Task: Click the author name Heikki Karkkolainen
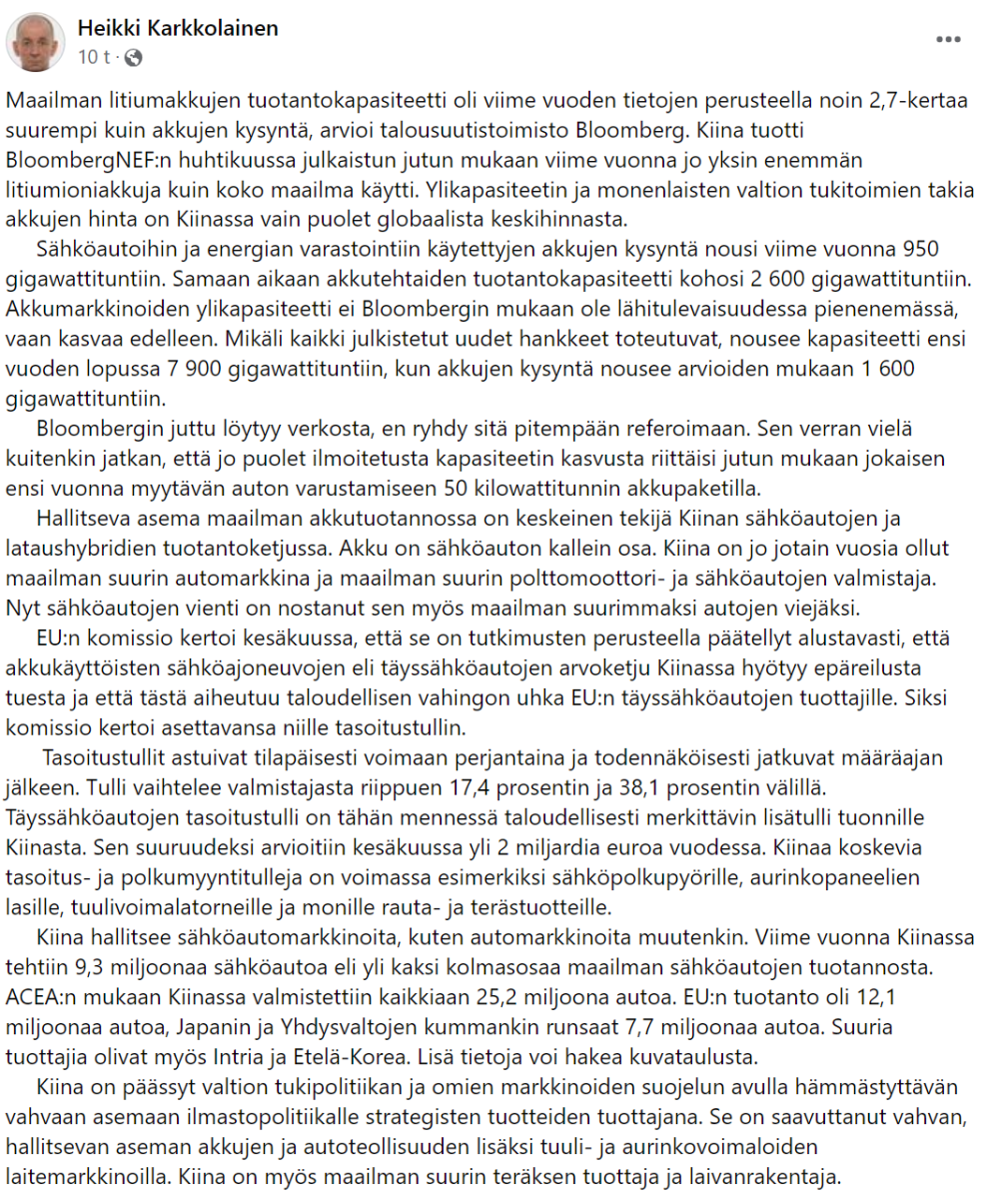point(178,29)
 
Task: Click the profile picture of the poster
point(37,41)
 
